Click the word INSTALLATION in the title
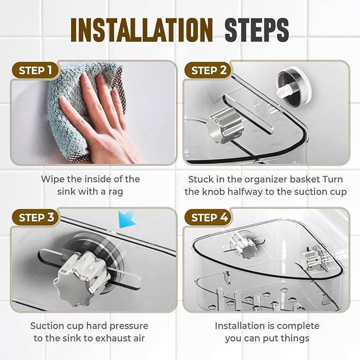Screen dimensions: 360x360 (142, 30)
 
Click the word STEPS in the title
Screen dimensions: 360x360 (257, 30)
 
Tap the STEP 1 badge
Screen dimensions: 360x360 (36, 71)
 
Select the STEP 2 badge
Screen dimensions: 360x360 (208, 71)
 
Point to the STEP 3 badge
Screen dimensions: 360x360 (36, 217)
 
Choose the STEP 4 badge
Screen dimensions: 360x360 (208, 217)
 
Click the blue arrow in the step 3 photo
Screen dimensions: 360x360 (127, 220)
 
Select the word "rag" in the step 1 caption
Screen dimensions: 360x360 (116, 192)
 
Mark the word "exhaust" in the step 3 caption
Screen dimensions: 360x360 (111, 338)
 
